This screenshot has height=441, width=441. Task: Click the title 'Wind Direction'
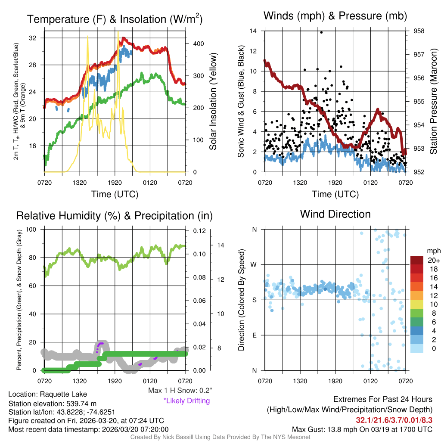pos(335,214)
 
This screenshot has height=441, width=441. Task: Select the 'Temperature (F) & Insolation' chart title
pos(115,19)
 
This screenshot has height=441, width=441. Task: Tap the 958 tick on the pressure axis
pos(419,31)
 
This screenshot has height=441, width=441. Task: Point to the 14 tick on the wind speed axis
pos(253,31)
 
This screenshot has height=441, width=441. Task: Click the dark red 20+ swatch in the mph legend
pos(417,260)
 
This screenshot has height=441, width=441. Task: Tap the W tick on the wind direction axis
pos(255,264)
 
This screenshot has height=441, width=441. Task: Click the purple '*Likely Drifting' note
pos(186,401)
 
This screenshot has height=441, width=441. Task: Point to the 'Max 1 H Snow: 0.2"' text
pos(180,391)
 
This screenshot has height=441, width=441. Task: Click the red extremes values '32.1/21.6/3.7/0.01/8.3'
pos(394,420)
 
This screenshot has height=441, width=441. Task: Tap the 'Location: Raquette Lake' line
pos(47,394)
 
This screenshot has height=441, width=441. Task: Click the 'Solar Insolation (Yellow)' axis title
pos(213,102)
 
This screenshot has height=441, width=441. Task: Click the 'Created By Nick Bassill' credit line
pos(220,437)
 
